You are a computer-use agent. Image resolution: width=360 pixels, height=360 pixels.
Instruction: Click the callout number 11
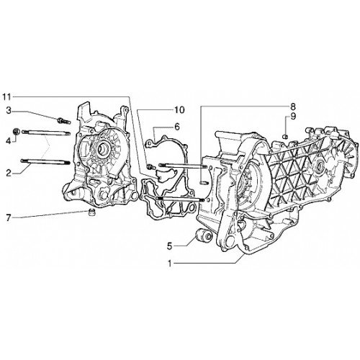[x=6, y=97]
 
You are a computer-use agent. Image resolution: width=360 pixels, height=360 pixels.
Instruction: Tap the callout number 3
[x=9, y=111]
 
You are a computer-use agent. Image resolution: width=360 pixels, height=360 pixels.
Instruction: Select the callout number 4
[x=9, y=141]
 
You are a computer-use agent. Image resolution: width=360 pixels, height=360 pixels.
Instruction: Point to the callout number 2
[x=9, y=173]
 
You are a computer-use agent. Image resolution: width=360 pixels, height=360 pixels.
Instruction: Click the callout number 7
[x=9, y=218]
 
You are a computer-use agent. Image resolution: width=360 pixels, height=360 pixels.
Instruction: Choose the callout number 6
[x=177, y=127]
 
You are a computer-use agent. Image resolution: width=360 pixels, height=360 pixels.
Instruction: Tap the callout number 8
[x=293, y=107]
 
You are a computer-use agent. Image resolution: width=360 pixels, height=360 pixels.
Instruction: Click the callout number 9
[x=293, y=117]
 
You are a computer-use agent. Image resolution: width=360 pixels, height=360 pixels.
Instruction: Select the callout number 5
[x=170, y=246]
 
